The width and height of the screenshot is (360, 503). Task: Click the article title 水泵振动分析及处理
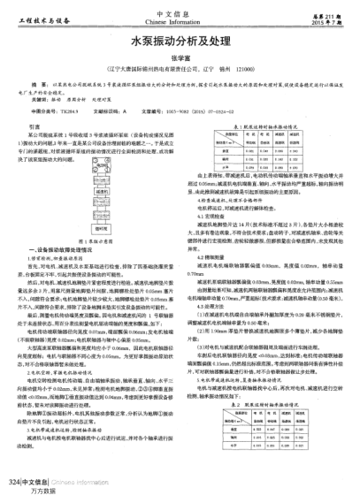point(180,40)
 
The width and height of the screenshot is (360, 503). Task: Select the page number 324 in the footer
point(11,483)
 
